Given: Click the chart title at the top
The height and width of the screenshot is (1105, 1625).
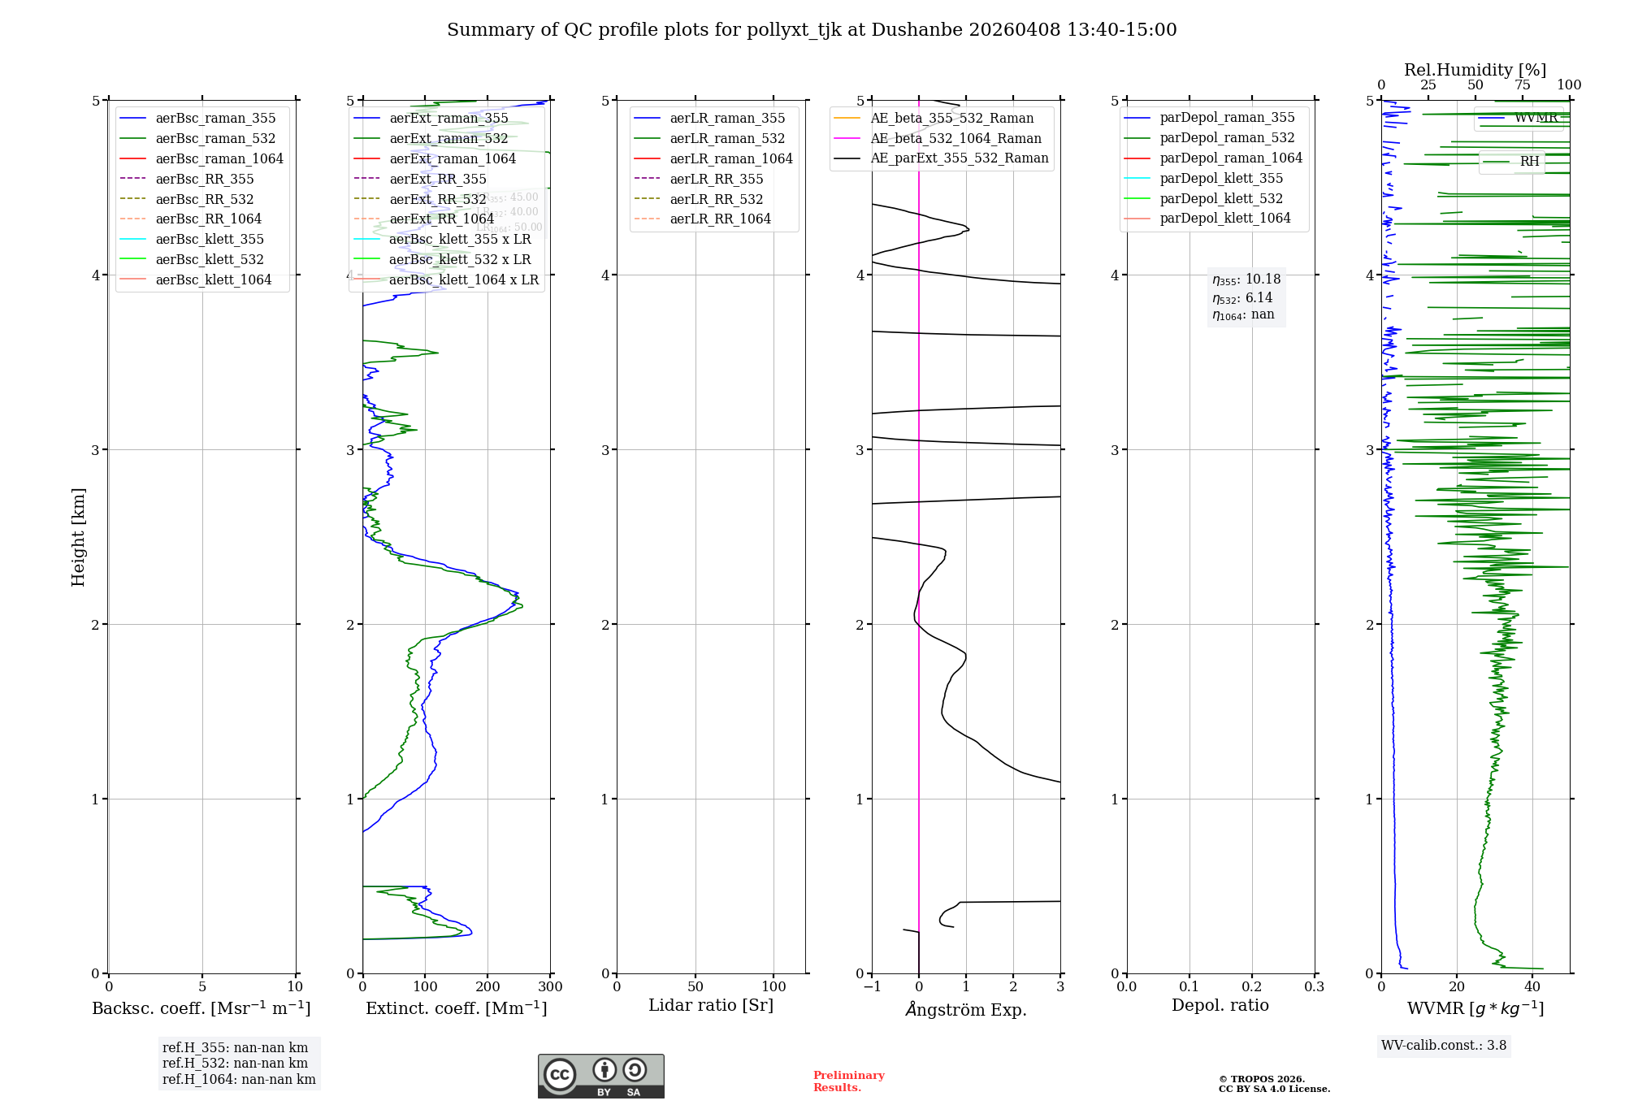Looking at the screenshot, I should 812,30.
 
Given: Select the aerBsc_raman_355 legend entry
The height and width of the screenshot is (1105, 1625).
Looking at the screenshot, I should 215,119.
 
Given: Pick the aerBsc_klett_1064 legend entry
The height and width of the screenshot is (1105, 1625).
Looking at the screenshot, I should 213,280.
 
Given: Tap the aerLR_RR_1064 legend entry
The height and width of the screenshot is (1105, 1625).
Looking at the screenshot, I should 720,219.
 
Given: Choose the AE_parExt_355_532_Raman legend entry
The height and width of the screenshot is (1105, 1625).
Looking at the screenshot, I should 959,158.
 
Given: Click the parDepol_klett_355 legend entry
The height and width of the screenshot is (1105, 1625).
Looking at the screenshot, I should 1221,179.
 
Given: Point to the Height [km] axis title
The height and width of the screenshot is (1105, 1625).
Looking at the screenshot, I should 78,537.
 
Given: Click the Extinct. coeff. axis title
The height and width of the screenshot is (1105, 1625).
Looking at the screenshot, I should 456,1008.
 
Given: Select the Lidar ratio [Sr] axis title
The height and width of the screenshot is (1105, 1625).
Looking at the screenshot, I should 711,1006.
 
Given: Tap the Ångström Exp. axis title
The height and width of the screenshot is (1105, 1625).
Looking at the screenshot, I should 966,1010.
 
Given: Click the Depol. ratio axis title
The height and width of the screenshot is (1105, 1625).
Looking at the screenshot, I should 1220,1006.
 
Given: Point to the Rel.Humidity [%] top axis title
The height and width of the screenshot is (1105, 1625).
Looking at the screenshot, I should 1475,70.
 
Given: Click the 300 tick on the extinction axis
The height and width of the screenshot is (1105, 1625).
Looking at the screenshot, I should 550,987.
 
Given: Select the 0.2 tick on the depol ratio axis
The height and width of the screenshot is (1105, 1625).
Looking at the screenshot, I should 1252,987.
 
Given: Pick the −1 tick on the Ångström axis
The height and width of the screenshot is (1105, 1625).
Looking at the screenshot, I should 872,987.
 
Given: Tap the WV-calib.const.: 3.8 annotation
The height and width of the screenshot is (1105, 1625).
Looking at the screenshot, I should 1443,1046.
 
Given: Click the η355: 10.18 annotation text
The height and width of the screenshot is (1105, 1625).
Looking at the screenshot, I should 1246,279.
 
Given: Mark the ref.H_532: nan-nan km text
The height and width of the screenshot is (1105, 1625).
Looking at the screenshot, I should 235,1064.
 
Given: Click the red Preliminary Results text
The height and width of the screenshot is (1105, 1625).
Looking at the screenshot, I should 848,1081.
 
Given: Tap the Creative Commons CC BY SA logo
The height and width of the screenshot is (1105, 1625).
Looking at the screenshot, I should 600,1077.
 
